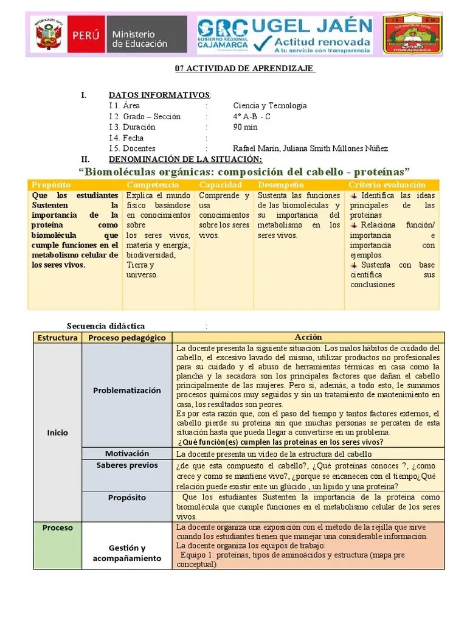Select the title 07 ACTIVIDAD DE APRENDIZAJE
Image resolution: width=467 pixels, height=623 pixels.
point(245,68)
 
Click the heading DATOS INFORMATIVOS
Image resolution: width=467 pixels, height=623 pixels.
point(159,95)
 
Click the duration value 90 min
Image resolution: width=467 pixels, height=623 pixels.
point(245,127)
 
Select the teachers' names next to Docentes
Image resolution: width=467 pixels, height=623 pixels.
point(310,148)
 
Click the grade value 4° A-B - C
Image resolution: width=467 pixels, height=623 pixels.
point(252,117)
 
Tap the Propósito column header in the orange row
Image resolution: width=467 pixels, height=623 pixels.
point(52,185)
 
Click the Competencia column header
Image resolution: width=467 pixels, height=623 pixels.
point(153,185)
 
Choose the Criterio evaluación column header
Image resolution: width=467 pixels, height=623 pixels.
point(387,185)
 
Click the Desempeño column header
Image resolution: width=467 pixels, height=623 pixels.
point(280,185)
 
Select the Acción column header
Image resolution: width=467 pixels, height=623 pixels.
point(308,337)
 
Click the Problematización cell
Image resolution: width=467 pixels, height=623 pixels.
point(127,390)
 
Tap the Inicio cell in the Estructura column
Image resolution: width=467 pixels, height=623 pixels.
point(58,433)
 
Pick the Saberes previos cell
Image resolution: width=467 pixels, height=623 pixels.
point(127,465)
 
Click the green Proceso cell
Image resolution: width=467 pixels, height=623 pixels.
point(58,527)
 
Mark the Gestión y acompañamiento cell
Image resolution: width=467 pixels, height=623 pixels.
point(127,553)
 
